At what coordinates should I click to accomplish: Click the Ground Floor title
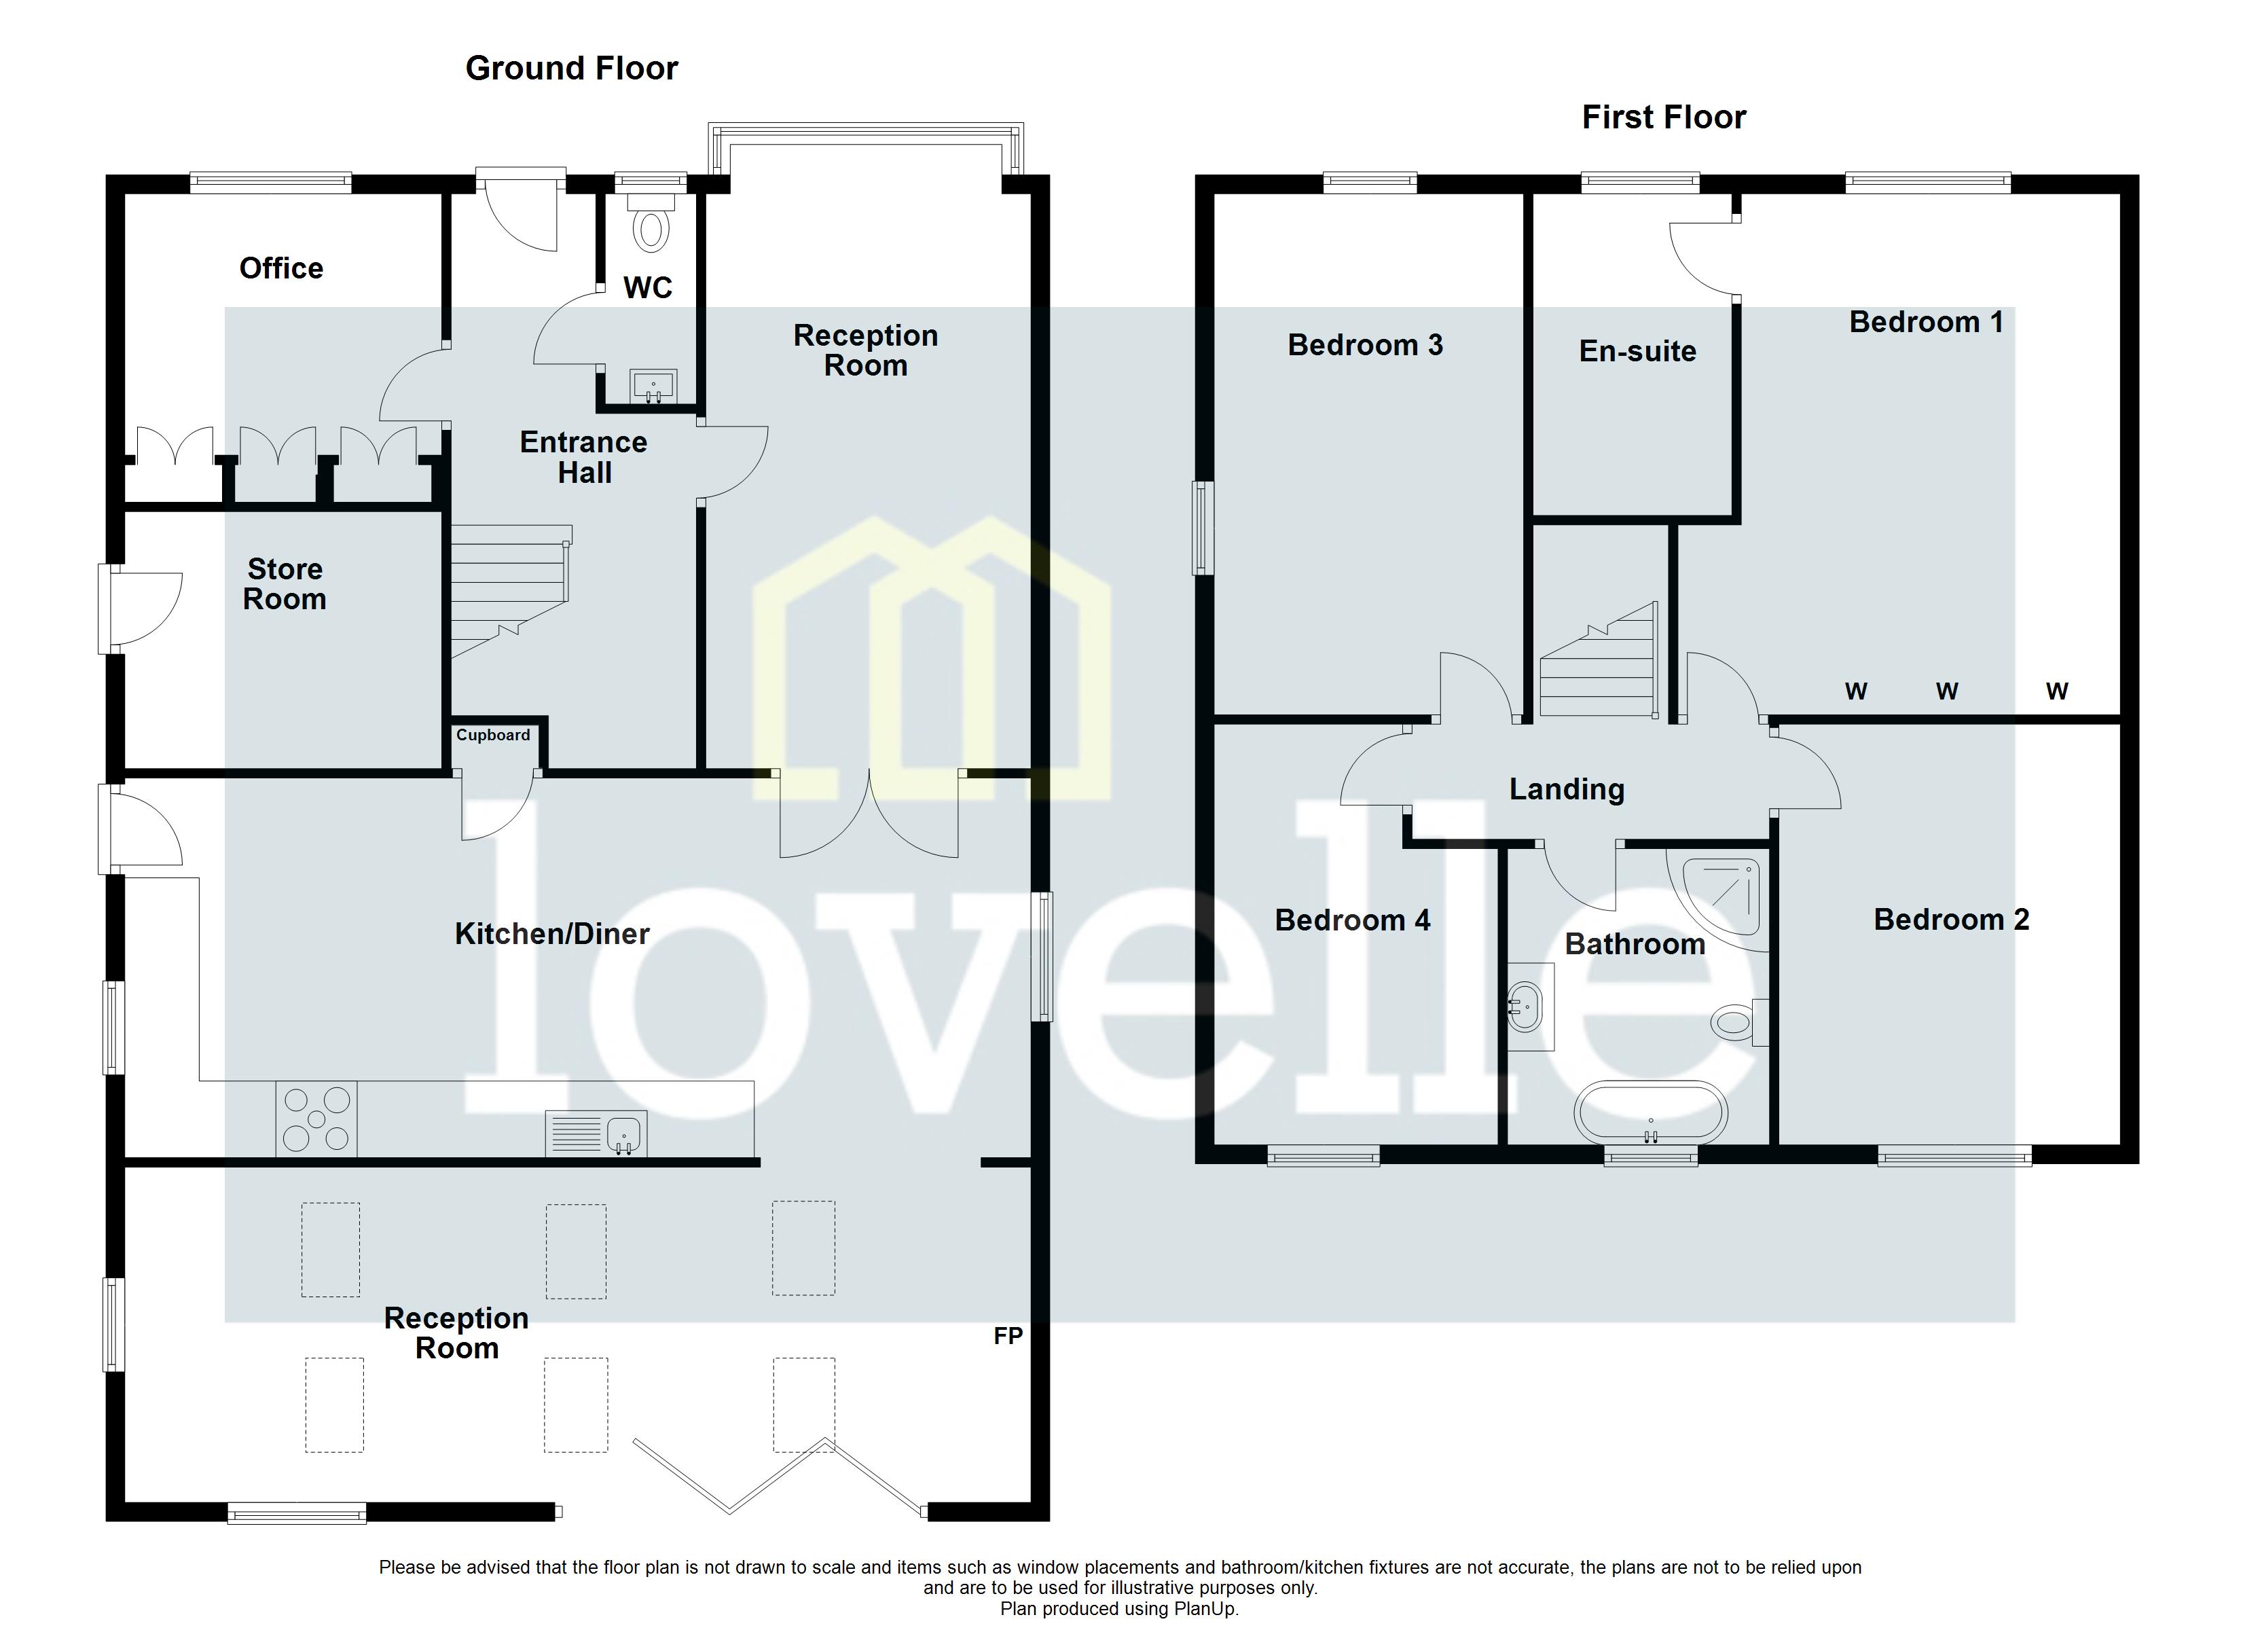[x=571, y=68]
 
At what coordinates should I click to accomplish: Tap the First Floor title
[x=1663, y=117]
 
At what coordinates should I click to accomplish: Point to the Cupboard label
[x=493, y=734]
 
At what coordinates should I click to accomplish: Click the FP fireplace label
[x=1007, y=1337]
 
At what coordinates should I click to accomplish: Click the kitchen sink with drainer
[x=596, y=1134]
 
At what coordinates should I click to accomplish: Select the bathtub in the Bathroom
[x=1651, y=1114]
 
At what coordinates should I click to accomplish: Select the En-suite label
[x=1637, y=351]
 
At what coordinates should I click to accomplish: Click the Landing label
[x=1566, y=789]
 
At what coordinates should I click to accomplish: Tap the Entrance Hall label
[x=584, y=456]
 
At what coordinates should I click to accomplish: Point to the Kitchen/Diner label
[x=551, y=934]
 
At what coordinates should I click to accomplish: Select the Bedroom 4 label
[x=1351, y=920]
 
